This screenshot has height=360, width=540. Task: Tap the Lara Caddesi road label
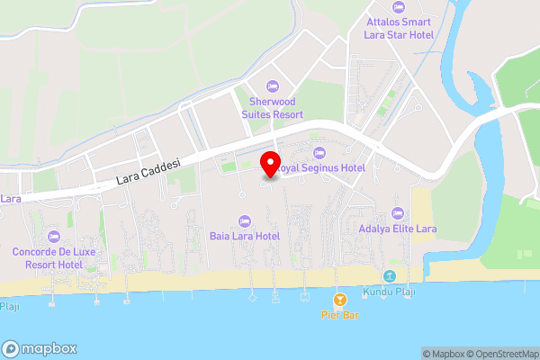click(148, 171)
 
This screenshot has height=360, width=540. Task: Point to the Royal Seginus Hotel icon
click(319, 152)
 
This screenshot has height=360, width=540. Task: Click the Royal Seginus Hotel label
click(320, 168)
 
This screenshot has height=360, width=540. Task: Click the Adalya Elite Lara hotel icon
click(398, 213)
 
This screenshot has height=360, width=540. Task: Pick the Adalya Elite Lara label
click(398, 229)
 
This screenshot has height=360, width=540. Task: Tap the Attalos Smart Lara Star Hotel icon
click(398, 4)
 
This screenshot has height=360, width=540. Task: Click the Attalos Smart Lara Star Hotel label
click(398, 28)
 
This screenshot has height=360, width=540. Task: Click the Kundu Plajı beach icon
click(390, 276)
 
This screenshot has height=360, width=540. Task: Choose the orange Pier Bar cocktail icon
click(340, 299)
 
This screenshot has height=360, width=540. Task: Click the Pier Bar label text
click(340, 315)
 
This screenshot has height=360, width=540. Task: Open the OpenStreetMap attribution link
click(501, 354)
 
